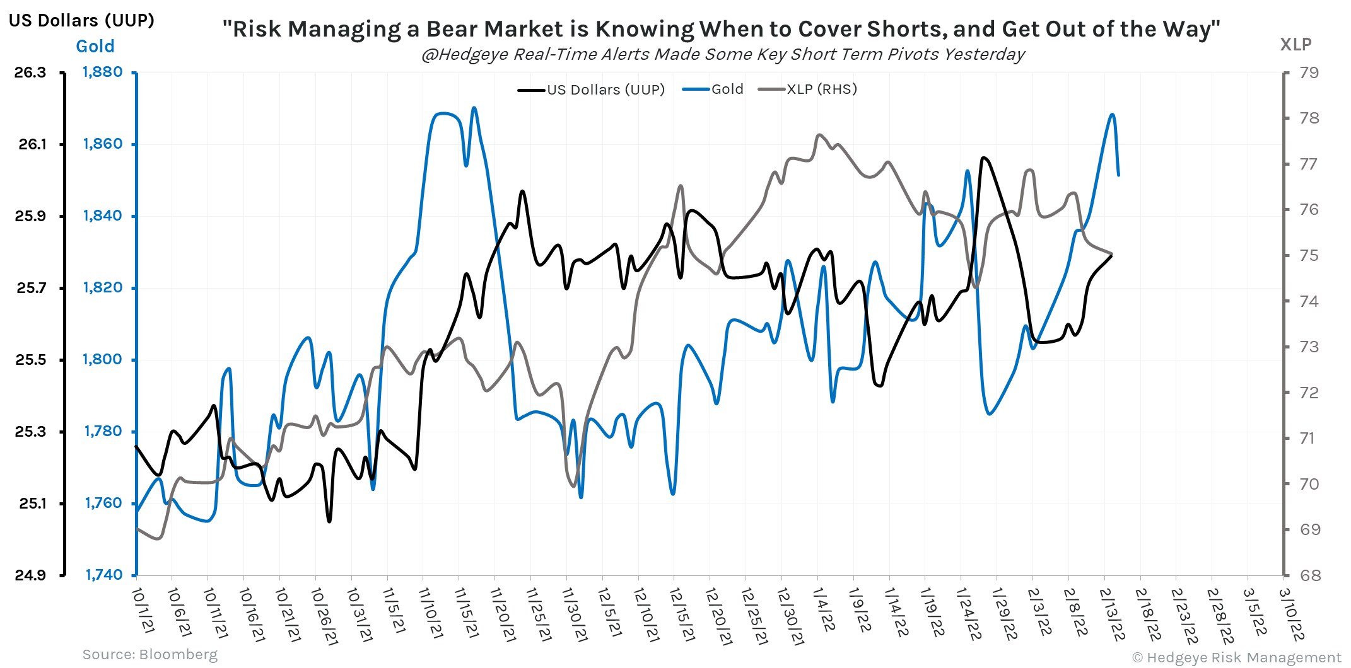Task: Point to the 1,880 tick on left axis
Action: tap(103, 72)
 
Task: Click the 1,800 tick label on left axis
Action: tap(103, 359)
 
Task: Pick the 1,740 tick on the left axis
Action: tap(104, 575)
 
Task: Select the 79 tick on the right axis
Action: tap(1309, 72)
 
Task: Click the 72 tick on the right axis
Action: tap(1309, 393)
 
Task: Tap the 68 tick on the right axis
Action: tap(1309, 575)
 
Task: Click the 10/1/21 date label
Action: tap(143, 610)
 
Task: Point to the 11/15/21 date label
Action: tap(465, 613)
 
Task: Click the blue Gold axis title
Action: tap(95, 47)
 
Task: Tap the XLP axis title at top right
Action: tap(1295, 45)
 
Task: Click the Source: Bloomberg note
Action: tap(150, 655)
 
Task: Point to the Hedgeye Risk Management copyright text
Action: tap(1236, 657)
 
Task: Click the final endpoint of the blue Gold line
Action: tap(1118, 175)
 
